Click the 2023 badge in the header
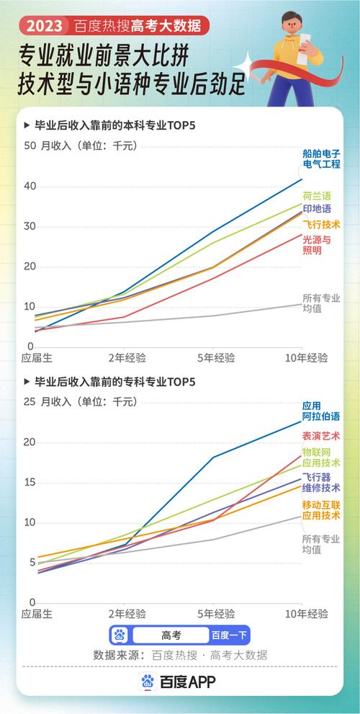pyautogui.click(x=45, y=27)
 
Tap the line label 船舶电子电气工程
pyautogui.click(x=321, y=159)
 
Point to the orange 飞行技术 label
pyautogui.click(x=321, y=225)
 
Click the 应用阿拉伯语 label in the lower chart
pyautogui.click(x=321, y=411)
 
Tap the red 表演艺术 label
pyautogui.click(x=321, y=437)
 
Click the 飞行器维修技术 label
pyautogui.click(x=321, y=483)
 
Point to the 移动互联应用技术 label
pyautogui.click(x=321, y=509)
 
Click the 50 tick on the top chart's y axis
pyautogui.click(x=30, y=146)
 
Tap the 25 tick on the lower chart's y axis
pyautogui.click(x=30, y=401)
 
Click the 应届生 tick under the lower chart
pyautogui.click(x=37, y=614)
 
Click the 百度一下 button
pyautogui.click(x=229, y=635)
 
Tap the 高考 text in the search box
pyautogui.click(x=171, y=635)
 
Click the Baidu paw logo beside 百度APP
pyautogui.click(x=148, y=681)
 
